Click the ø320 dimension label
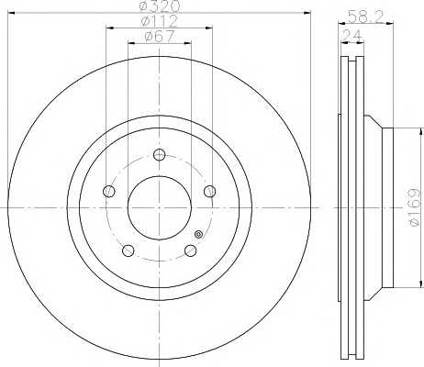point(160,6)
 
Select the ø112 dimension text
point(160,21)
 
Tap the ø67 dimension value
point(160,36)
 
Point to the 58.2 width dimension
point(365,17)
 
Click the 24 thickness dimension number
point(351,36)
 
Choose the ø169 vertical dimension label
point(415,207)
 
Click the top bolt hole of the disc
point(159,154)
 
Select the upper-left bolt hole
point(109,192)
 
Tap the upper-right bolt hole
point(209,192)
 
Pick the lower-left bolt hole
point(128,250)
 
